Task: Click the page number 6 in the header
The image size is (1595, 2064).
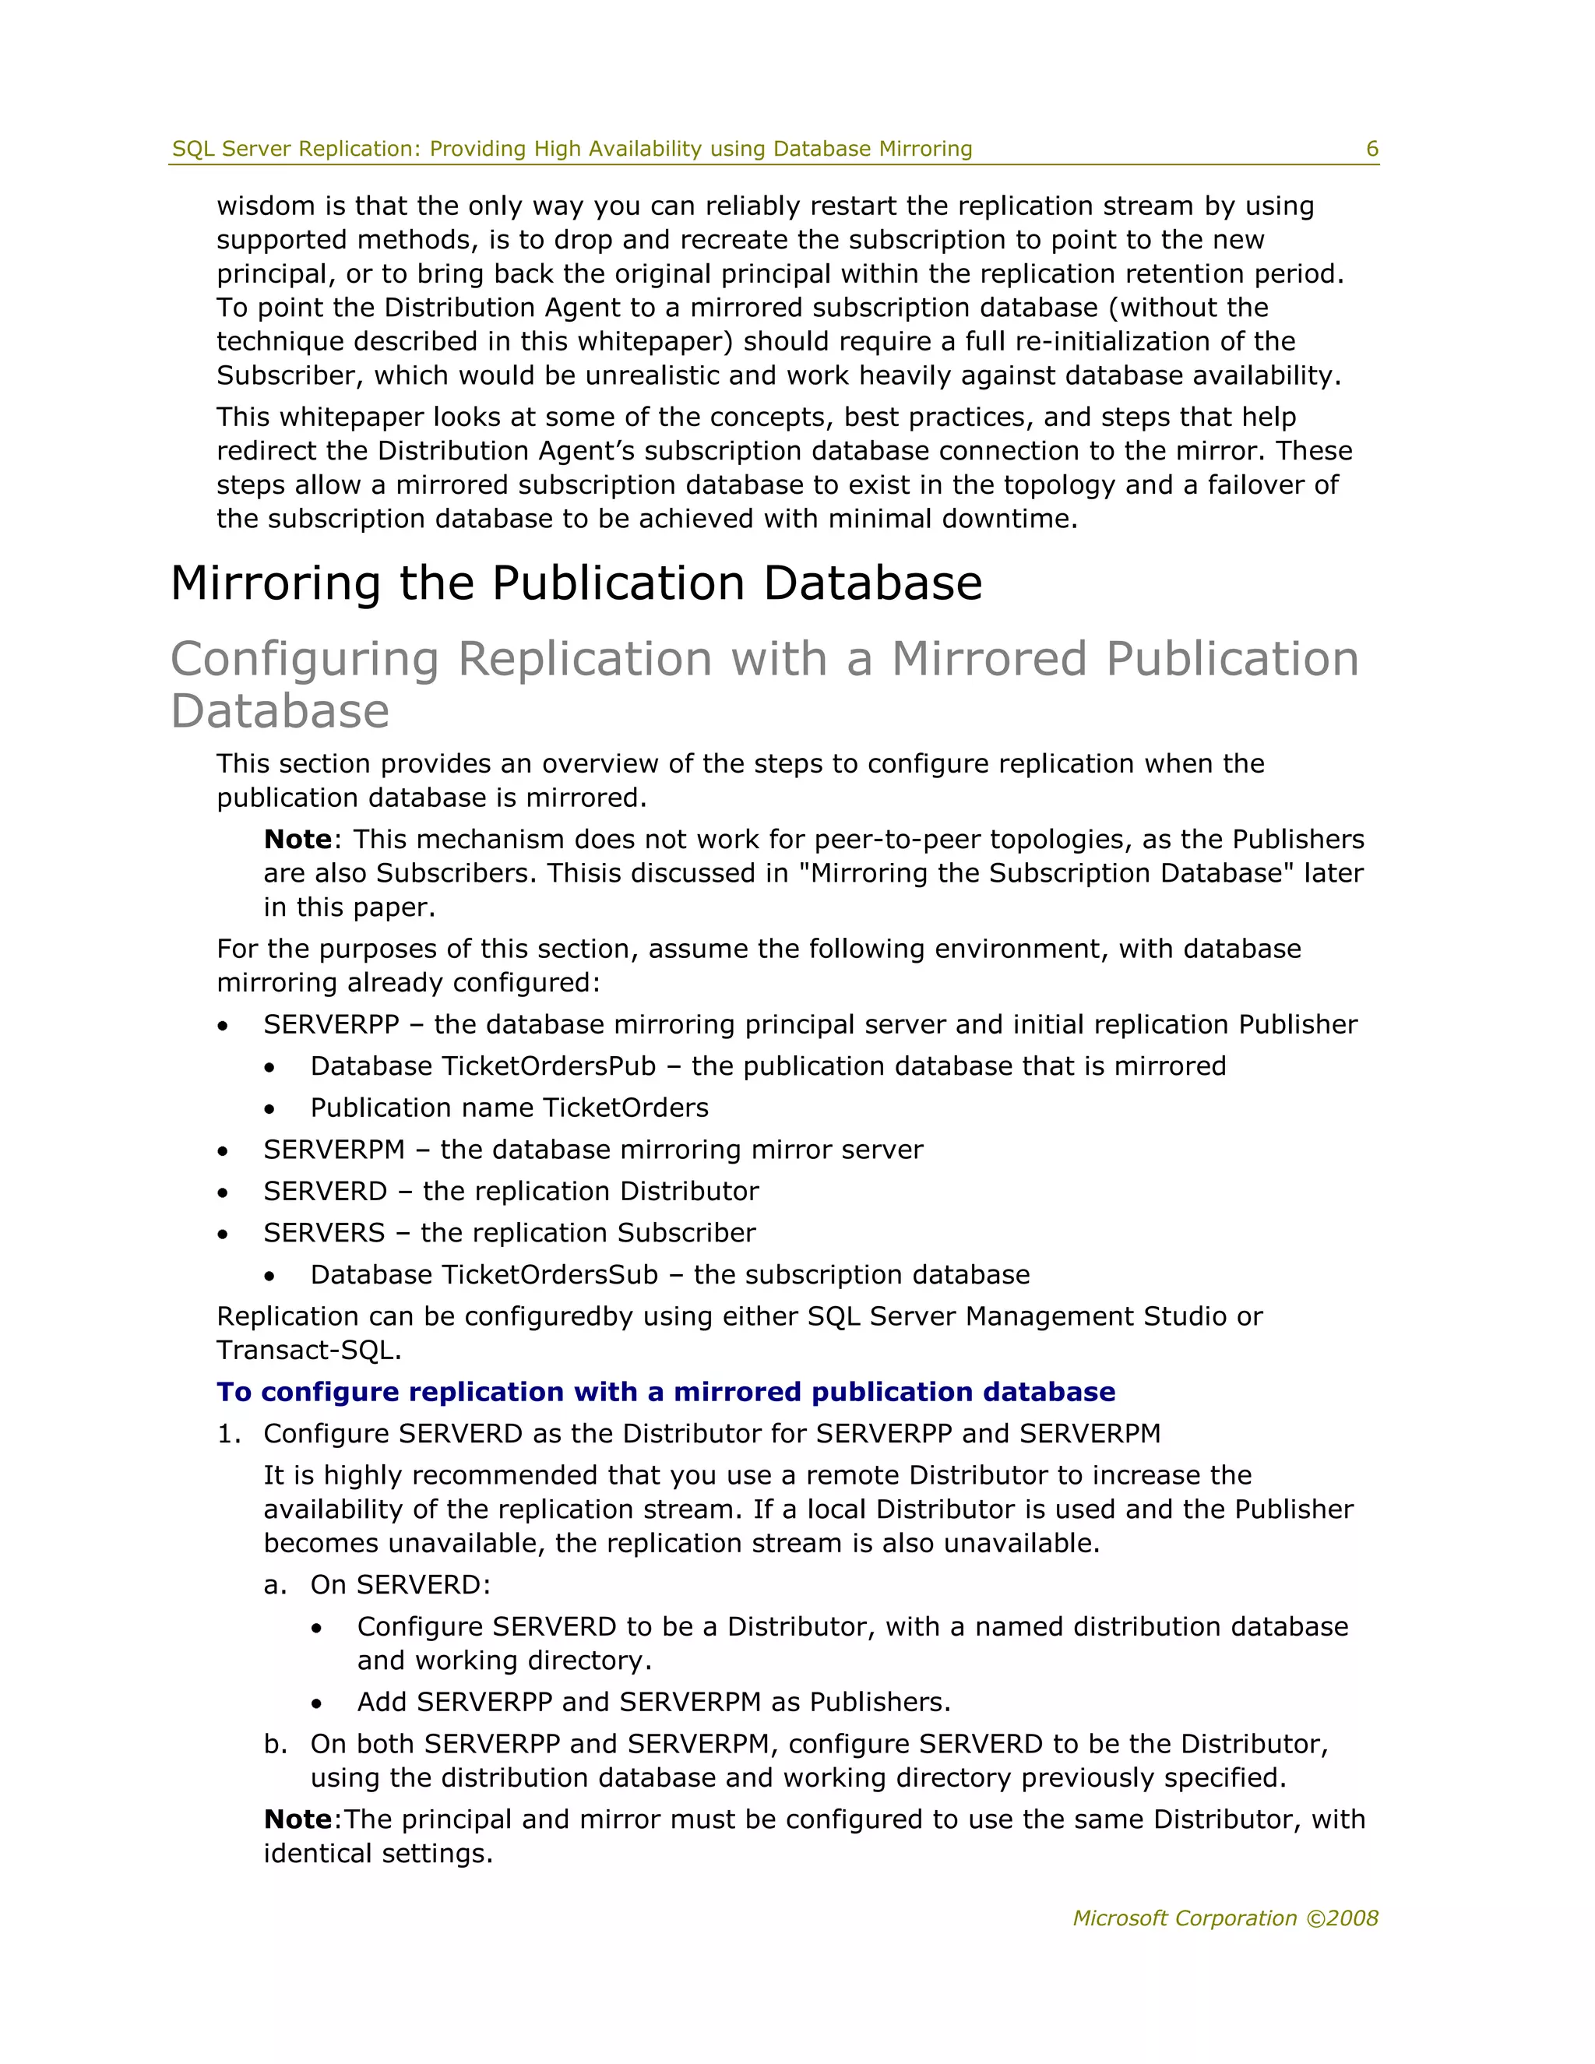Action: point(1372,148)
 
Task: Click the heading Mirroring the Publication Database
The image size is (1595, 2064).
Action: point(576,583)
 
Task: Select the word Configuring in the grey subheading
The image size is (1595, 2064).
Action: point(305,660)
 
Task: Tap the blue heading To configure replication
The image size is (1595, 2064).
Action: point(665,1391)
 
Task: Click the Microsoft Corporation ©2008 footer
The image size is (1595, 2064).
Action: point(1226,1918)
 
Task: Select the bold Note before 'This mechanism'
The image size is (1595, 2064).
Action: point(298,839)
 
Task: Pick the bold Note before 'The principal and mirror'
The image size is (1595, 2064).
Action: point(298,1819)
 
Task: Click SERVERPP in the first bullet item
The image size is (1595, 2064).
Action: point(331,1024)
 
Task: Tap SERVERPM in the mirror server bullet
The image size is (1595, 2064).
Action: point(333,1149)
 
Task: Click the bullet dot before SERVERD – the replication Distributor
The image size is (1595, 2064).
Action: point(222,1192)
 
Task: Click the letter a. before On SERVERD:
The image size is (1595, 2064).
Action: point(274,1585)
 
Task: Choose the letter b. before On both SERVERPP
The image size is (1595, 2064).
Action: point(274,1744)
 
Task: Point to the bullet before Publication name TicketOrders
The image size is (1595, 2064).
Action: point(269,1109)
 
